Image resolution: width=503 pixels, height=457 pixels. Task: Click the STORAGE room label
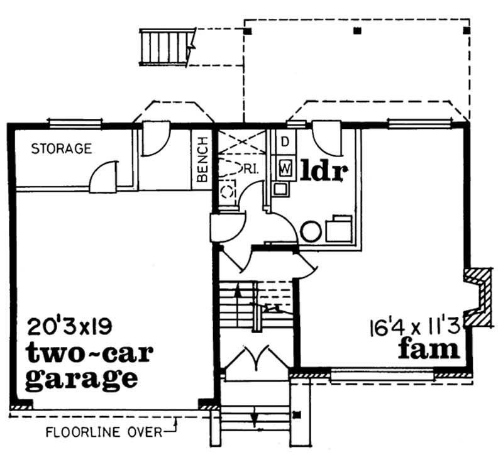click(x=62, y=149)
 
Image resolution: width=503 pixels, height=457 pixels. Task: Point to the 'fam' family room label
click(x=429, y=348)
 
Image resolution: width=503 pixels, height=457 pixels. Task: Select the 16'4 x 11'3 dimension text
click(x=416, y=326)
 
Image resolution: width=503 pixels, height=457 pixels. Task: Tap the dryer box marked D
click(x=284, y=141)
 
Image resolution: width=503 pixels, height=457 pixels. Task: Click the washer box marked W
click(x=285, y=167)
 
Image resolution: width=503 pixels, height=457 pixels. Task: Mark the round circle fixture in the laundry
click(x=311, y=231)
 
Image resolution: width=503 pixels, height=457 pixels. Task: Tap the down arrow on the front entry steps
click(x=254, y=417)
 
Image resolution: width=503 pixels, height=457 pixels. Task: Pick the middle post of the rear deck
click(x=357, y=30)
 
